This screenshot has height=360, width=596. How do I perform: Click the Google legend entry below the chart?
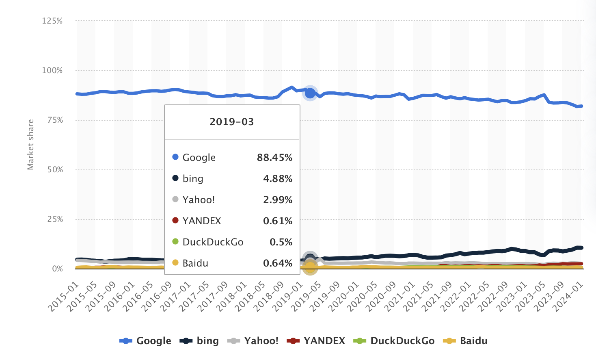(x=145, y=341)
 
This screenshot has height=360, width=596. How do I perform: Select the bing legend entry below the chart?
(x=199, y=341)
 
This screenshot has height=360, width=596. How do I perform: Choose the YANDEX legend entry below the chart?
(x=316, y=341)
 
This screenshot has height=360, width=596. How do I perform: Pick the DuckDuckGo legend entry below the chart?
(x=394, y=341)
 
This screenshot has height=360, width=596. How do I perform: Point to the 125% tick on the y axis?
(x=52, y=21)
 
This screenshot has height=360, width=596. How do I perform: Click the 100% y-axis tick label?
(x=52, y=71)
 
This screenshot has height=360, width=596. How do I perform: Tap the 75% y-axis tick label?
(x=55, y=120)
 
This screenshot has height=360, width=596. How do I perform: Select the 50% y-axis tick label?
(x=55, y=170)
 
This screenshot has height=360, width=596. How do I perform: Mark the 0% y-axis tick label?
(x=57, y=269)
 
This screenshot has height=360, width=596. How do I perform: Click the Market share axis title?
(x=30, y=144)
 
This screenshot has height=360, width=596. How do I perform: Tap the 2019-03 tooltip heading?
(x=232, y=122)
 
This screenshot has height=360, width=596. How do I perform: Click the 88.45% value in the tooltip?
(x=274, y=158)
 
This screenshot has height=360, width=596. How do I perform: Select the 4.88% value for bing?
(x=278, y=179)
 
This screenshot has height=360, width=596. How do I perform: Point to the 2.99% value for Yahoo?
(x=278, y=200)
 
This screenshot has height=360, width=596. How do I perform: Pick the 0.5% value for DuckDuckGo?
(x=281, y=242)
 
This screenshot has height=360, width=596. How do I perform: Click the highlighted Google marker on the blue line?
(x=310, y=93)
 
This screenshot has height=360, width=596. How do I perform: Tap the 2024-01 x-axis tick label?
(x=569, y=297)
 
